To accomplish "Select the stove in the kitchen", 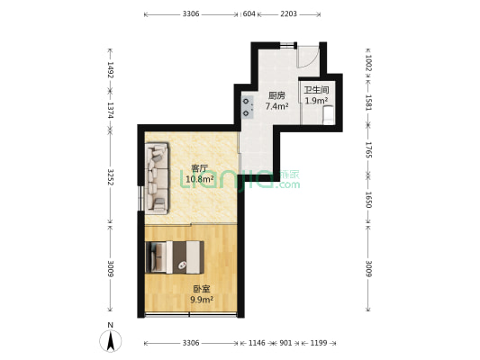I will pyautogui.click(x=247, y=107).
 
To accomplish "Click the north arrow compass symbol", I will pyautogui.click(x=110, y=339).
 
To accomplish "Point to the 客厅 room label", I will pyautogui.click(x=199, y=168).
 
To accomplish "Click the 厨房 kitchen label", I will pyautogui.click(x=276, y=95).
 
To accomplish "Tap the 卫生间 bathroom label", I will pyautogui.click(x=316, y=90).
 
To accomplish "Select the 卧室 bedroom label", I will pyautogui.click(x=202, y=289).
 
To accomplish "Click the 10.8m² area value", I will pyautogui.click(x=199, y=179).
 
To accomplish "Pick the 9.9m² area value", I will pyautogui.click(x=202, y=300).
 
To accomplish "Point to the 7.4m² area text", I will pyautogui.click(x=276, y=106).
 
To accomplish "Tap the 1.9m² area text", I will pyautogui.click(x=316, y=101).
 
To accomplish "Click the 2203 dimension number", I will pyautogui.click(x=288, y=14).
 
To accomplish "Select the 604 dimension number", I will pyautogui.click(x=249, y=14).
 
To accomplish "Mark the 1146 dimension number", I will pyautogui.click(x=257, y=344).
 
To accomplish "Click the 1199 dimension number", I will pyautogui.click(x=319, y=344).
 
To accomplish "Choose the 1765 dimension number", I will pyautogui.click(x=367, y=148).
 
